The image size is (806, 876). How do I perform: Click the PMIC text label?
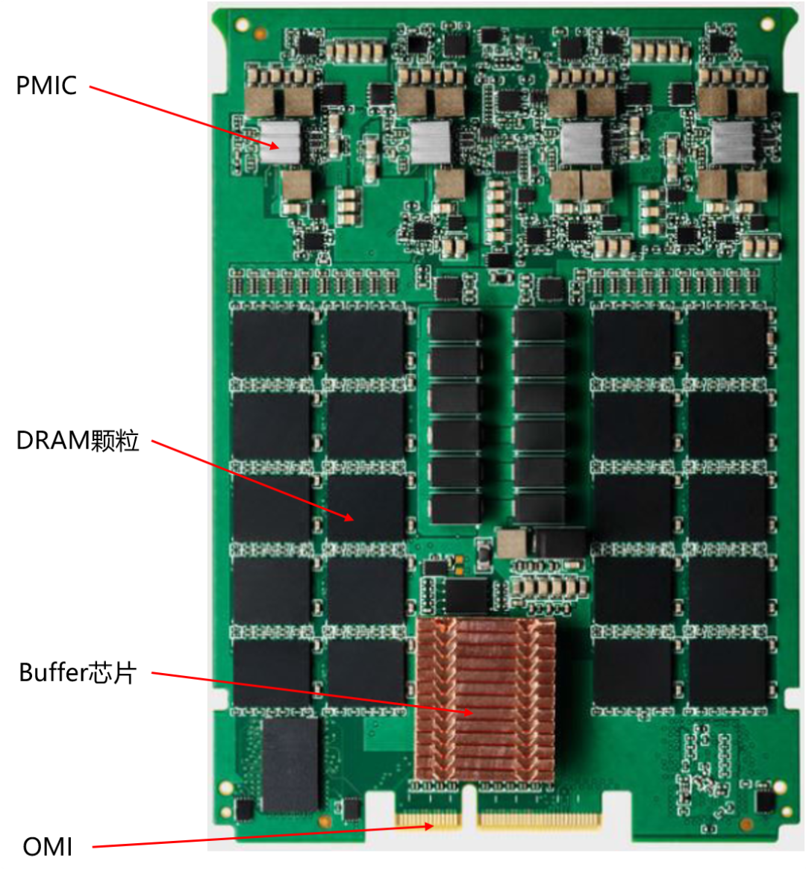pos(46,86)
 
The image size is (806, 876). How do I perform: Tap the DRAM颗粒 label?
pos(78,440)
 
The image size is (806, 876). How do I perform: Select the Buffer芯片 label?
pos(78,673)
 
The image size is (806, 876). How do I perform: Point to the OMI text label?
pos(48,847)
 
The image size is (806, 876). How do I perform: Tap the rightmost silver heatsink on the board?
pos(733,142)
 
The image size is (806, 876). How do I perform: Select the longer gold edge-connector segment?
pos(539,822)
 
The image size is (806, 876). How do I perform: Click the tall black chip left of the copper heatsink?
pos(290,765)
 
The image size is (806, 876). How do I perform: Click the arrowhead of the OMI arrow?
pos(431,826)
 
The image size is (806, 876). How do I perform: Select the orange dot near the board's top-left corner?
pos(259,33)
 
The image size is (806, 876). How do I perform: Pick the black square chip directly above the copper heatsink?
pos(466,595)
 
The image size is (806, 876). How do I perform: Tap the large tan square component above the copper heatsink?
pos(511,544)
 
